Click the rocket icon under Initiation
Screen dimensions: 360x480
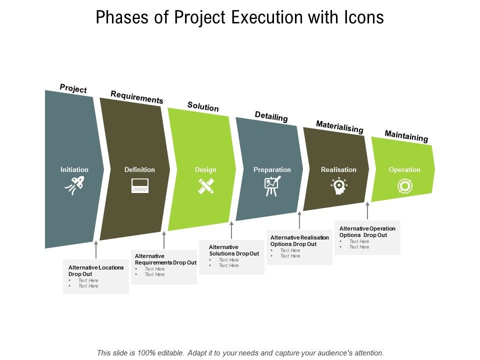coord(74,186)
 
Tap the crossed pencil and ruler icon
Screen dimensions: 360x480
coord(206,186)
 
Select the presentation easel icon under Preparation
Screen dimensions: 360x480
coord(272,186)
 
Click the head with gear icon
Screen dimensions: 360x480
coord(338,186)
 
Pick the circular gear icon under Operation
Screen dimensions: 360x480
coord(404,186)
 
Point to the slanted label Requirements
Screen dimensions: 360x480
coord(136,97)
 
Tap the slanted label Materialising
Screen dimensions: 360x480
coord(339,127)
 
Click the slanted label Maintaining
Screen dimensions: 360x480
coord(406,136)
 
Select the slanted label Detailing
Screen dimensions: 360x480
coord(271,116)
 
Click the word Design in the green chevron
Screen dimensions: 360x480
coord(205,170)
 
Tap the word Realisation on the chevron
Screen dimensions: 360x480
coord(338,170)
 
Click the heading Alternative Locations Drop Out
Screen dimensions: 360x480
coord(95,270)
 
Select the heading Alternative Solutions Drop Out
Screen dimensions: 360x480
coord(233,250)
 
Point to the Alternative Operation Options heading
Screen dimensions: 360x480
coord(367,231)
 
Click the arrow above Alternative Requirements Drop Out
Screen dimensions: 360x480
coord(164,240)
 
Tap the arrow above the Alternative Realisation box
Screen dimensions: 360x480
coord(299,220)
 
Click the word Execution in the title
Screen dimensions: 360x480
coord(265,17)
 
